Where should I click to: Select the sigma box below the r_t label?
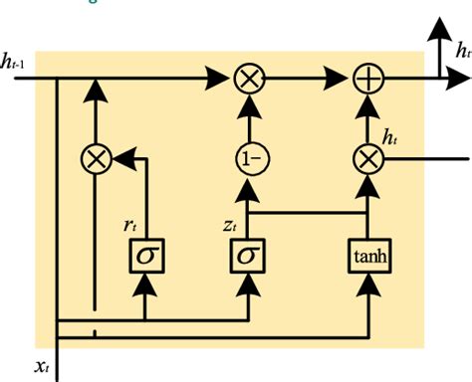pyautogui.click(x=146, y=256)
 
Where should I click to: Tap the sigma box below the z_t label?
pyautogui.click(x=247, y=256)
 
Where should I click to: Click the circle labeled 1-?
pyautogui.click(x=247, y=157)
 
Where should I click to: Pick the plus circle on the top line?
pyautogui.click(x=367, y=76)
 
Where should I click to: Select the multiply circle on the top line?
pyautogui.click(x=247, y=76)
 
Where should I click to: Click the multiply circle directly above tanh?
pyautogui.click(x=367, y=157)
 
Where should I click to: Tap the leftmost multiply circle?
pyautogui.click(x=95, y=157)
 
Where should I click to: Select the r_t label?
pyautogui.click(x=128, y=225)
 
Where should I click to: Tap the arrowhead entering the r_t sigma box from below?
pyautogui.click(x=146, y=285)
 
